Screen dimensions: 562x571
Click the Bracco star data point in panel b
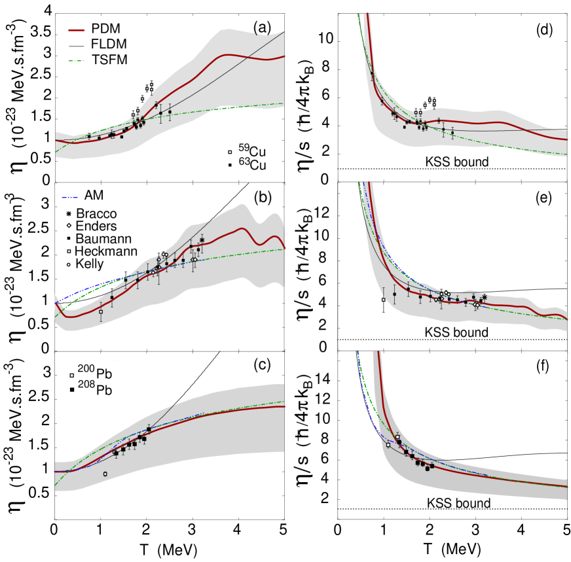pos(202,241)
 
